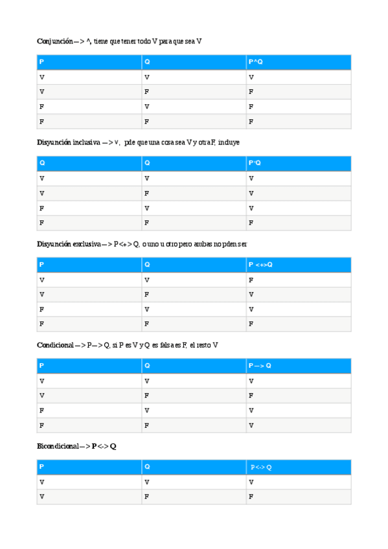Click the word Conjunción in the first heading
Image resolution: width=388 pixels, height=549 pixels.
(x=54, y=41)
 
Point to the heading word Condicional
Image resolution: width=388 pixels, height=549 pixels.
(x=55, y=345)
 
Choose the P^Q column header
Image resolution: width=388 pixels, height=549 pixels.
(x=255, y=62)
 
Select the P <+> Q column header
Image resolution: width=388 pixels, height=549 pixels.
(x=260, y=265)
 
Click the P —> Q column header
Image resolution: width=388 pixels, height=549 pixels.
(x=260, y=366)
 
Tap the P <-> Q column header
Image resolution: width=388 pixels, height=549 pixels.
(x=262, y=467)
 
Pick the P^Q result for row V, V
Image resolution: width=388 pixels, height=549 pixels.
(x=251, y=77)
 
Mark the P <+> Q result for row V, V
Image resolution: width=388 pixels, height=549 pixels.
(x=251, y=280)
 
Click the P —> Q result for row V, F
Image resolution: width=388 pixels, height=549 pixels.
(x=251, y=395)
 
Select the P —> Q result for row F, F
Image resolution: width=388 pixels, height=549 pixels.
(x=251, y=425)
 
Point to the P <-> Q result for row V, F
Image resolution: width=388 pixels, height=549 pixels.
(x=251, y=497)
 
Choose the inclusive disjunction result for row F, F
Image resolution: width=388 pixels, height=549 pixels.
(x=251, y=223)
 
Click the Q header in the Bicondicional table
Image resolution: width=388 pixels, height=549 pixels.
(x=147, y=467)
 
